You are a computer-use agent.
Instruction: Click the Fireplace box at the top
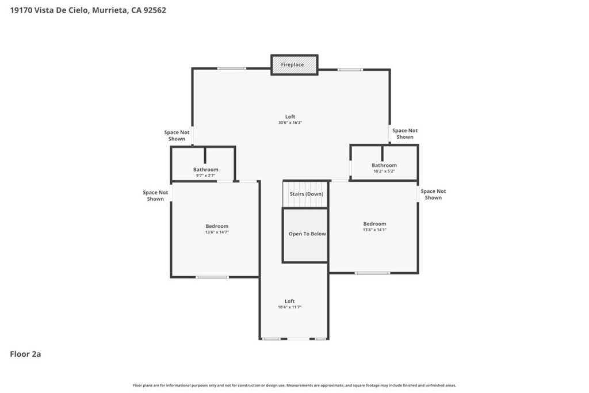pyautogui.click(x=294, y=64)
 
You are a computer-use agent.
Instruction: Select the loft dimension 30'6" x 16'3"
pyautogui.click(x=290, y=123)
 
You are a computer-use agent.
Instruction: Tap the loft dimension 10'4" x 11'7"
pyautogui.click(x=290, y=307)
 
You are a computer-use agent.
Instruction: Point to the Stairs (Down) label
pyautogui.click(x=307, y=194)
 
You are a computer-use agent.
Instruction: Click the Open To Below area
pyautogui.click(x=305, y=235)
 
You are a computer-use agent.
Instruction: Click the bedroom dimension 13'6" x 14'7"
pyautogui.click(x=217, y=232)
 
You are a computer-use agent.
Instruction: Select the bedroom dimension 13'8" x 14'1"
pyautogui.click(x=374, y=230)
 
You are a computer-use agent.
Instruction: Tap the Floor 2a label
pyautogui.click(x=25, y=354)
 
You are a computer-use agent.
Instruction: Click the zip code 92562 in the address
pyautogui.click(x=155, y=10)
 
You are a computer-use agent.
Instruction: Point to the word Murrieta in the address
pyautogui.click(x=109, y=10)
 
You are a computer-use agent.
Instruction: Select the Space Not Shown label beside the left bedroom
pyautogui.click(x=155, y=196)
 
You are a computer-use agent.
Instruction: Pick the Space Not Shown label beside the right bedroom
pyautogui.click(x=433, y=194)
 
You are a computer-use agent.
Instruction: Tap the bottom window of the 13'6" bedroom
pyautogui.click(x=212, y=277)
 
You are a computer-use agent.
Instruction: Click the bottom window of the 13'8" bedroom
pyautogui.click(x=372, y=273)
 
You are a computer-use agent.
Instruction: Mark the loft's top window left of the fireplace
pyautogui.click(x=232, y=68)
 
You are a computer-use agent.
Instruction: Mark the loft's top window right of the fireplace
pyautogui.click(x=350, y=70)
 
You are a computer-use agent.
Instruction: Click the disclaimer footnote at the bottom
pyautogui.click(x=294, y=385)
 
